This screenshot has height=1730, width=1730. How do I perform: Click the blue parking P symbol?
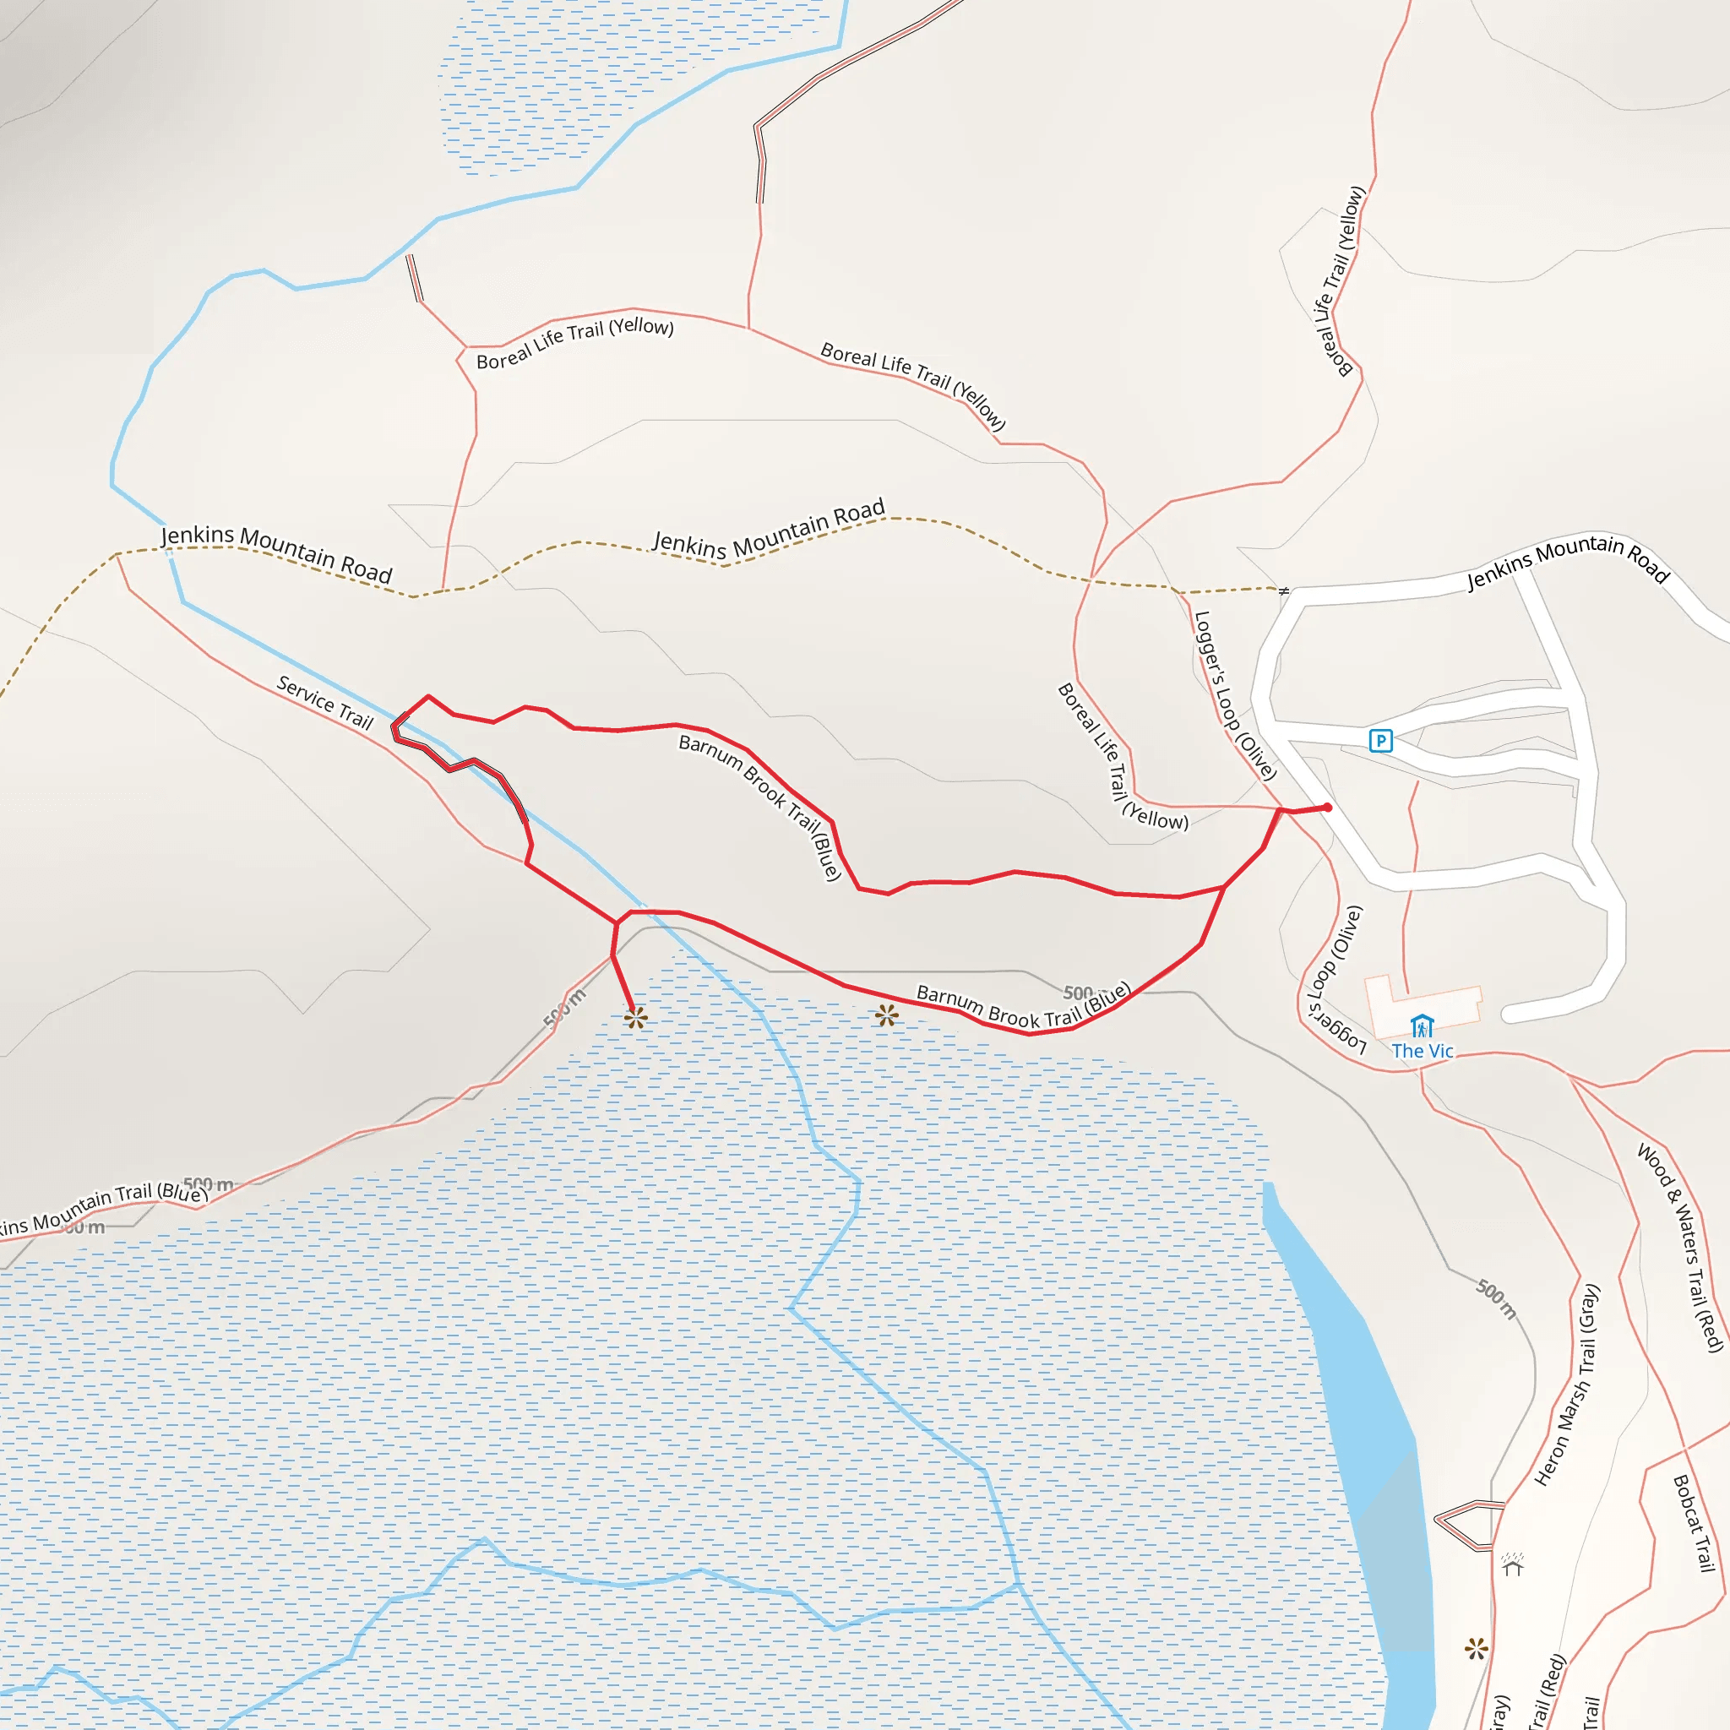point(1381,741)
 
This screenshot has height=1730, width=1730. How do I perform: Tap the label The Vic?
point(1422,1051)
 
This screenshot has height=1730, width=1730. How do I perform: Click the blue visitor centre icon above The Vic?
point(1422,1026)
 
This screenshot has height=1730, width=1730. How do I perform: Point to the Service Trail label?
point(325,703)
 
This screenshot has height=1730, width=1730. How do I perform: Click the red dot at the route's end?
point(1327,808)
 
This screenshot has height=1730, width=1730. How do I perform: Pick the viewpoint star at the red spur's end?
point(636,1018)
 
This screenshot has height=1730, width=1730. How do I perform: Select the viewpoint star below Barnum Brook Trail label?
point(886,1015)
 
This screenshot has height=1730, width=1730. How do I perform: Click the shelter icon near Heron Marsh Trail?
point(1512,1564)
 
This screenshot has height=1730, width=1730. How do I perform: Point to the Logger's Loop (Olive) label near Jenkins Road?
point(1235,696)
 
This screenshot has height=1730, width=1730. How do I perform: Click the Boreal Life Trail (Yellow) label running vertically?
point(1341,281)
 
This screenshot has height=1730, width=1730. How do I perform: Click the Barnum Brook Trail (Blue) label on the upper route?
point(760,807)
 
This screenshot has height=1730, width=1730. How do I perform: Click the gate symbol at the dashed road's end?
point(1284,591)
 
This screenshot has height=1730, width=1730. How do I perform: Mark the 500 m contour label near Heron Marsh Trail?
point(1496,1299)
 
